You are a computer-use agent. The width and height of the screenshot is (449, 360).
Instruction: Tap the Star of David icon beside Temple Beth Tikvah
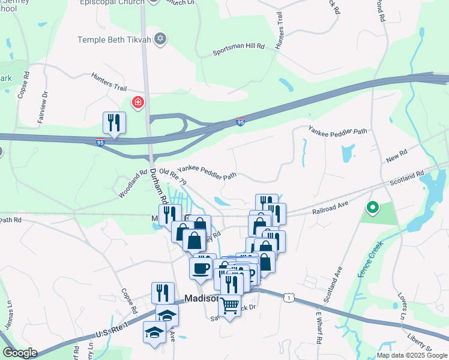click(160, 40)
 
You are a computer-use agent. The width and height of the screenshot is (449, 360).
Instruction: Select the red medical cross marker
click(139, 103)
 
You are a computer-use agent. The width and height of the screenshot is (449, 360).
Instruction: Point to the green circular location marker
click(373, 208)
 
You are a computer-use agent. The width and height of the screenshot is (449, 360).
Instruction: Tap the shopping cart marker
click(229, 306)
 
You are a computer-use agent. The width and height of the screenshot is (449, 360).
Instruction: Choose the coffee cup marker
click(200, 268)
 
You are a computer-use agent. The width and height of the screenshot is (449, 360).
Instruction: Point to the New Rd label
click(397, 157)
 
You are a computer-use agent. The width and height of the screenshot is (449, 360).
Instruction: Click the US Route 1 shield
click(290, 298)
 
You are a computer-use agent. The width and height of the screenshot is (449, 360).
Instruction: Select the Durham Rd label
click(159, 185)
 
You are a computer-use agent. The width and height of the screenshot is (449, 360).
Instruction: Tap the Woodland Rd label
click(133, 184)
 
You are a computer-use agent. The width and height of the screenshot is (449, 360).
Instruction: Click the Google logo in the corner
click(20, 353)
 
